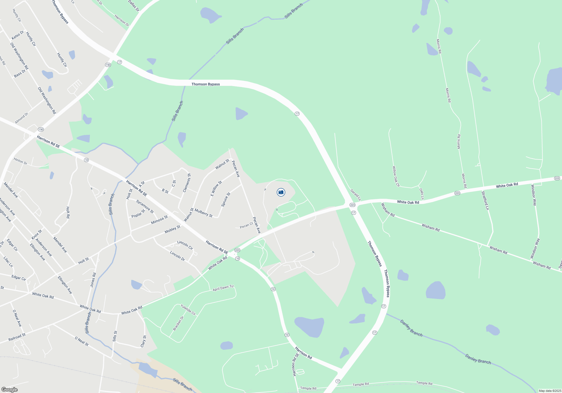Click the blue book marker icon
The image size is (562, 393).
click(x=281, y=192)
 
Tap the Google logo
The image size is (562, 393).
click(x=10, y=390)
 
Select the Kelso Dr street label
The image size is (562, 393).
click(x=17, y=35)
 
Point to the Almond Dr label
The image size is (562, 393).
click(x=22, y=118)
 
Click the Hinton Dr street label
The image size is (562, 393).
click(x=20, y=161)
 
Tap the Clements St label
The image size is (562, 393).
click(x=187, y=183)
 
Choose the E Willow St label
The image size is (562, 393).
click(x=216, y=188)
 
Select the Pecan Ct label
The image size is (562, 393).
click(x=246, y=226)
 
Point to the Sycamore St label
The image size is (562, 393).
click(x=145, y=206)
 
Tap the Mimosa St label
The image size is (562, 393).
click(x=159, y=220)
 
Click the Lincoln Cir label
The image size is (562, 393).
click(x=185, y=245)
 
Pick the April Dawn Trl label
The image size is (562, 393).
click(x=223, y=288)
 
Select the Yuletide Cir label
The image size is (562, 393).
click(x=188, y=310)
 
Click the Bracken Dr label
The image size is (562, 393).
click(x=178, y=323)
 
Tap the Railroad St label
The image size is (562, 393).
click(x=17, y=337)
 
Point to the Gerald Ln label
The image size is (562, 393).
click(x=355, y=195)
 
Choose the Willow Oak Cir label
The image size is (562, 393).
click(x=396, y=176)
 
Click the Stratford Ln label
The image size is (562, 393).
click(x=485, y=200)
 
